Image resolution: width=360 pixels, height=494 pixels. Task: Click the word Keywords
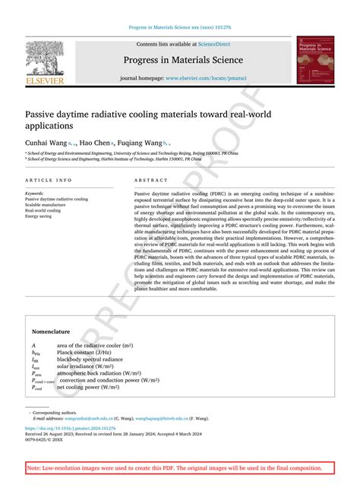pyautogui.click(x=35, y=194)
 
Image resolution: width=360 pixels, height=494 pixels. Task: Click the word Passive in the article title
pyautogui.click(x=43, y=113)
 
